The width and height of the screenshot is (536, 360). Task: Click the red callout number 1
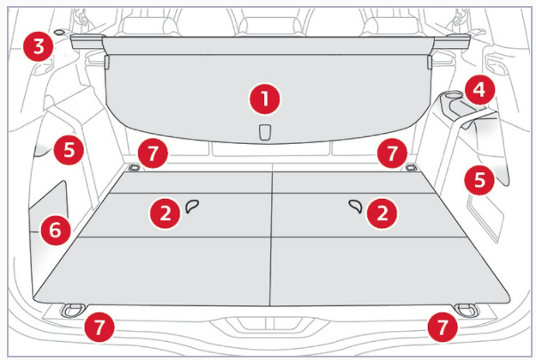point(265,99)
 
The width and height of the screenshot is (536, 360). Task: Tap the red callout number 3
point(39,46)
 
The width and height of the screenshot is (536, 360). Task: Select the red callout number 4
point(479,90)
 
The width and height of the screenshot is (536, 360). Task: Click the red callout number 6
point(56,230)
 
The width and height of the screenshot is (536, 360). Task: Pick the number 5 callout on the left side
point(69,150)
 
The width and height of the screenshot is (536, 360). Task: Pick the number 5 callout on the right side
point(479,180)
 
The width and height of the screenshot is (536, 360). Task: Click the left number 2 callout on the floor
point(166,213)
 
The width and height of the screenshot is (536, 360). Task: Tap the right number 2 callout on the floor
point(382,213)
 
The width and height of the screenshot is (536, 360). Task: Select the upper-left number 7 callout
point(153,153)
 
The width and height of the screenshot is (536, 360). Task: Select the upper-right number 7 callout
point(393,153)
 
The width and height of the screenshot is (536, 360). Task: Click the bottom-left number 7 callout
point(99,327)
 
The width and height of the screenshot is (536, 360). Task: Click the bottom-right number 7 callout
point(443,327)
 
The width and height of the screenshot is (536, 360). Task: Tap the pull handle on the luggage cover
point(265,132)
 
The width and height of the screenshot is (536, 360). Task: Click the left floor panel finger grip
point(192,207)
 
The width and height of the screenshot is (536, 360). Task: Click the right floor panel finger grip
point(356,207)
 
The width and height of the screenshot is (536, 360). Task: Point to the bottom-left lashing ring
point(72,310)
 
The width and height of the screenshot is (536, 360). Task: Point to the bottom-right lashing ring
point(467,310)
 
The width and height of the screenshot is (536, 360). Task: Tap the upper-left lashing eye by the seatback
point(135,167)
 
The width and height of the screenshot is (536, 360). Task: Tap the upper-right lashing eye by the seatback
point(411,167)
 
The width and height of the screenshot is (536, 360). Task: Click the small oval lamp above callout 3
point(59,32)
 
